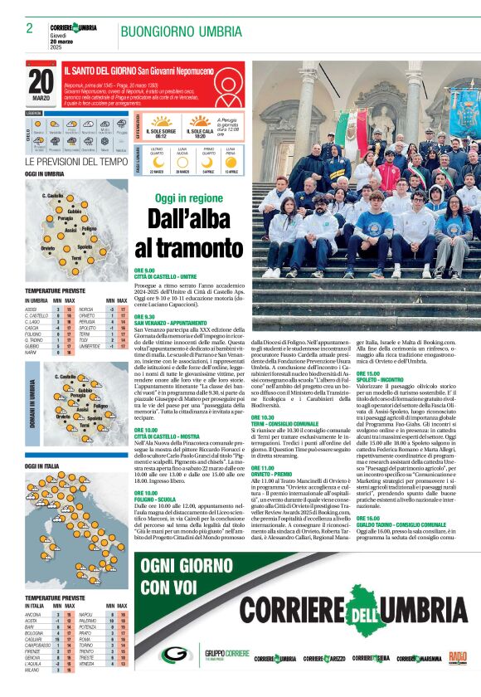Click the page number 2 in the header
tap(29, 28)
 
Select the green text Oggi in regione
tap(189, 198)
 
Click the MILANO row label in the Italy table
tap(33, 680)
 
